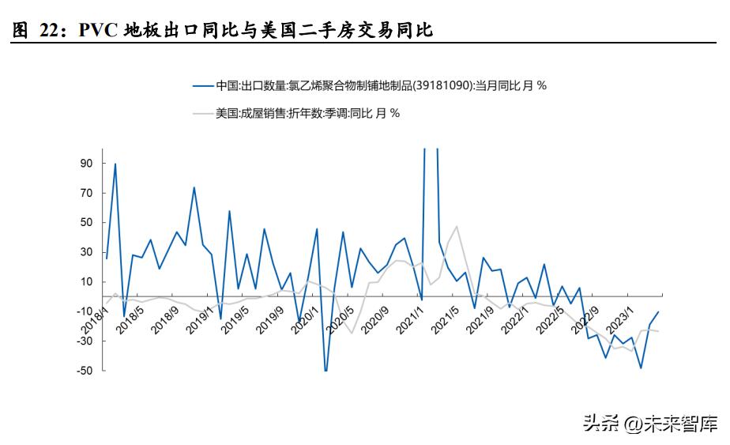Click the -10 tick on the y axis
85,311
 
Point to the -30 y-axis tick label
85,341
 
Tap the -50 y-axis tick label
85,371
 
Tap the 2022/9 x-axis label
581,319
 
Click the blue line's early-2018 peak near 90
115,164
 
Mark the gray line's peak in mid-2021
456,227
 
